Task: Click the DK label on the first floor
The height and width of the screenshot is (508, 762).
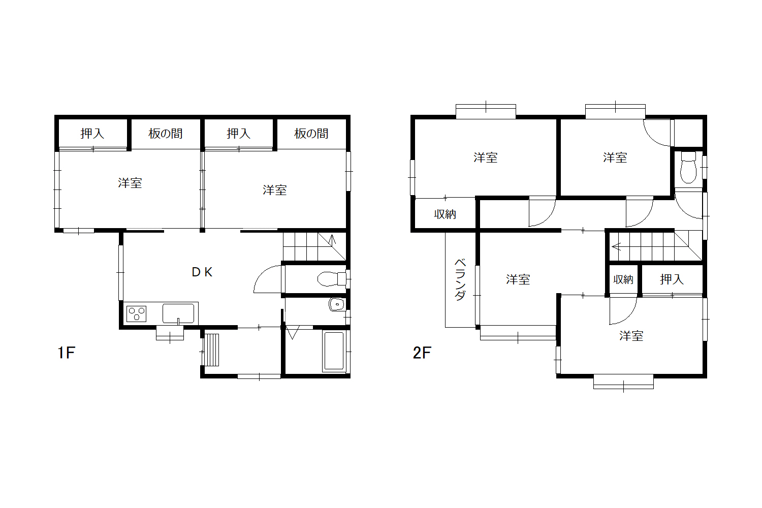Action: point(202,272)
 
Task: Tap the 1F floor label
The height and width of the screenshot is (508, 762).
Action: point(67,353)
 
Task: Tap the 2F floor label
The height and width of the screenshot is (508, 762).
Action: point(422,353)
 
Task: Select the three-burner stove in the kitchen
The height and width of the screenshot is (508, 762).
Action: point(137,314)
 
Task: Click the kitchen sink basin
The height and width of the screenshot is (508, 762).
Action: point(178,313)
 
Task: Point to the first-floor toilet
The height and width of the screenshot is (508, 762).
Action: point(331,279)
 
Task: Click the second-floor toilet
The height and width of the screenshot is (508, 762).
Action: point(688,168)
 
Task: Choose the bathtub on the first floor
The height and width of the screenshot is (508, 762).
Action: point(334,351)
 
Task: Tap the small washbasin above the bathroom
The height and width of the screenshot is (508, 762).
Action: point(337,304)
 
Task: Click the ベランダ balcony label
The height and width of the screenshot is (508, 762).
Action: point(460,280)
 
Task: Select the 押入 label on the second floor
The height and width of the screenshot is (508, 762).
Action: point(672,279)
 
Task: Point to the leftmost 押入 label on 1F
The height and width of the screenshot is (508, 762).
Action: point(92,134)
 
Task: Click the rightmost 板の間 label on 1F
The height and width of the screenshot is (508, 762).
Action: point(311,134)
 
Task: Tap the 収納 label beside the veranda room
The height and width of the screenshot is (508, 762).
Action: point(445,214)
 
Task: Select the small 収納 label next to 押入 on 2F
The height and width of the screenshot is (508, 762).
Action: point(623,280)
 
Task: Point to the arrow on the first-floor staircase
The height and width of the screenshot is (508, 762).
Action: point(332,239)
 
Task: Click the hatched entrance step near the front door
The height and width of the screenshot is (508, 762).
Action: point(211,350)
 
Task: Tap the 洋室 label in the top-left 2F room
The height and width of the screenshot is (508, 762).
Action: point(486,157)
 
